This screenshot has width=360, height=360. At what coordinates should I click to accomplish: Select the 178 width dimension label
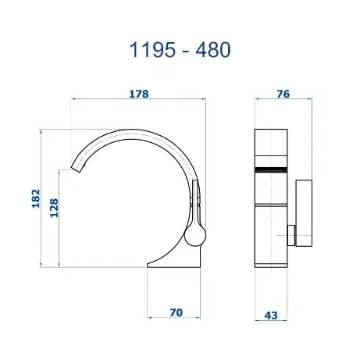click(x=137, y=94)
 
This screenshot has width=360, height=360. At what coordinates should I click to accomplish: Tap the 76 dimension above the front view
click(x=283, y=94)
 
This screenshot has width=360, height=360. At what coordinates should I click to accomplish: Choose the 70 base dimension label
click(x=176, y=312)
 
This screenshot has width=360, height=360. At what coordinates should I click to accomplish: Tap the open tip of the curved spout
click(x=77, y=166)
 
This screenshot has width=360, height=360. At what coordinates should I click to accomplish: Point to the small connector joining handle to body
click(x=289, y=233)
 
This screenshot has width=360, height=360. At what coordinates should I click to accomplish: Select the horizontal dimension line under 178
click(x=137, y=100)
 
